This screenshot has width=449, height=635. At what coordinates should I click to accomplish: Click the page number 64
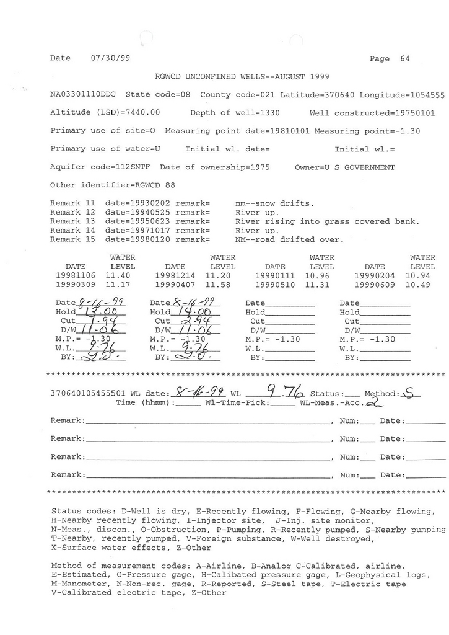(x=405, y=59)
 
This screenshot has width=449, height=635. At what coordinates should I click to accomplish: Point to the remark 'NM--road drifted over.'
(x=289, y=239)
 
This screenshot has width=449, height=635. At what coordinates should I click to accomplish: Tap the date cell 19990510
(x=275, y=285)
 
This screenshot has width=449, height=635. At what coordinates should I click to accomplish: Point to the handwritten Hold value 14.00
(x=198, y=312)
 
